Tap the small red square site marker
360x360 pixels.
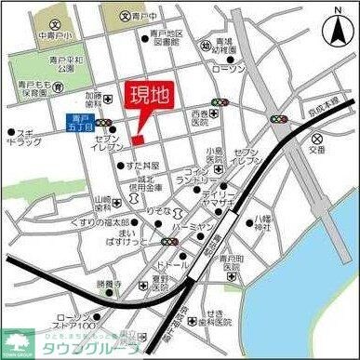click(x=136, y=140)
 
